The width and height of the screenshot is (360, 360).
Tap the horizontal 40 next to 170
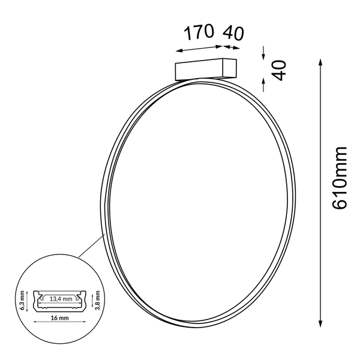(x=233, y=33)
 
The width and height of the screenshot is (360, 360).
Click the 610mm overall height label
(x=340, y=178)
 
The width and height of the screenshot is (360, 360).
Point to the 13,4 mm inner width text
(x=61, y=298)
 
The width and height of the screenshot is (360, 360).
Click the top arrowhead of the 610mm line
(x=322, y=63)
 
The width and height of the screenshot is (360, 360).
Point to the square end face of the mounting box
(x=229, y=67)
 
